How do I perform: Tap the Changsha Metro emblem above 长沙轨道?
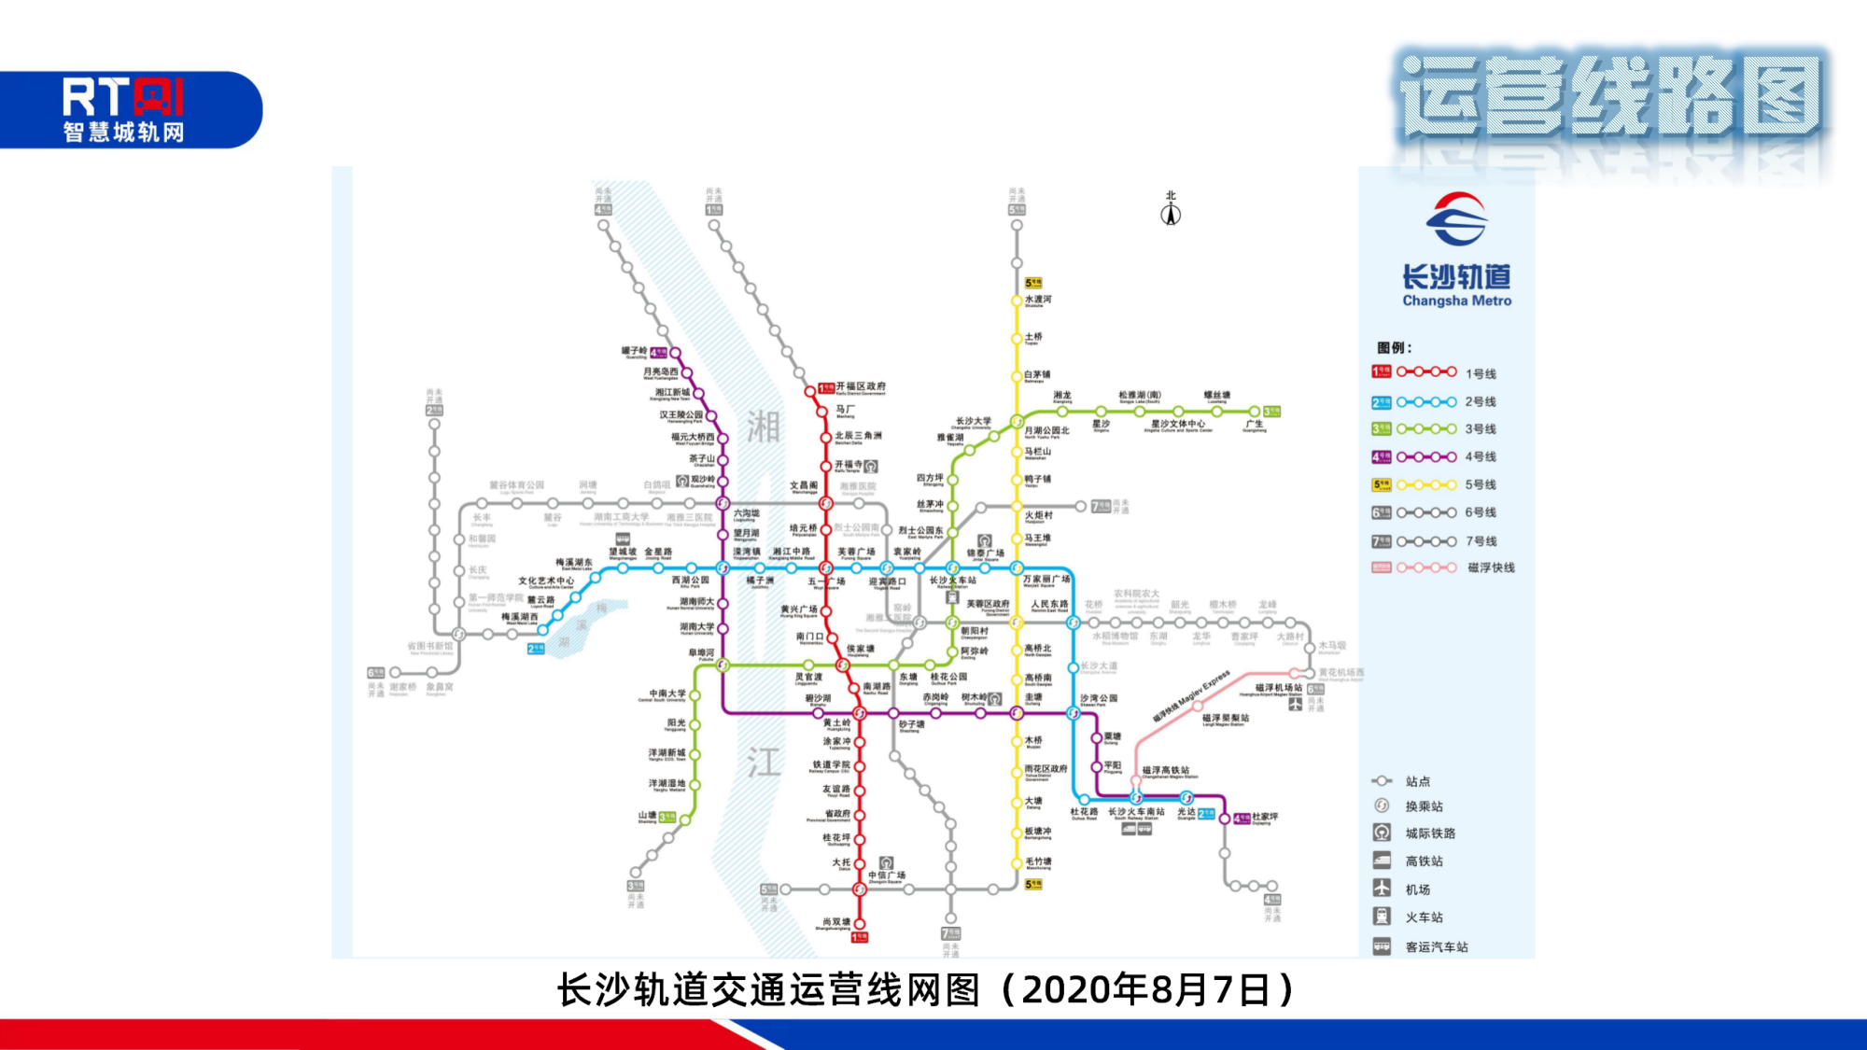pyautogui.click(x=1455, y=219)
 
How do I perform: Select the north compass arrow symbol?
pyautogui.click(x=1171, y=214)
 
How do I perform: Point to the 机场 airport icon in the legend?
pyautogui.click(x=1383, y=889)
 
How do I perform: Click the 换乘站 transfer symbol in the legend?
pyautogui.click(x=1383, y=805)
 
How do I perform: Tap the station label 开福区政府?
pyautogui.click(x=861, y=386)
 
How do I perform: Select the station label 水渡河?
pyautogui.click(x=1038, y=300)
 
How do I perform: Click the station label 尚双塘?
pyautogui.click(x=835, y=922)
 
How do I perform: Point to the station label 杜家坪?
pyautogui.click(x=1265, y=817)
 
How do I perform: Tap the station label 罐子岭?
pyautogui.click(x=635, y=352)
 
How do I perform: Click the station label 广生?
pyautogui.click(x=1254, y=425)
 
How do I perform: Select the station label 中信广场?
pyautogui.click(x=887, y=875)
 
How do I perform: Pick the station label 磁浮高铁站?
pyautogui.click(x=1166, y=771)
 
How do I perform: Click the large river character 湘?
pyautogui.click(x=763, y=427)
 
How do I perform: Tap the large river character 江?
pyautogui.click(x=763, y=763)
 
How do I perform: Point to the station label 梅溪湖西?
pyautogui.click(x=520, y=617)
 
